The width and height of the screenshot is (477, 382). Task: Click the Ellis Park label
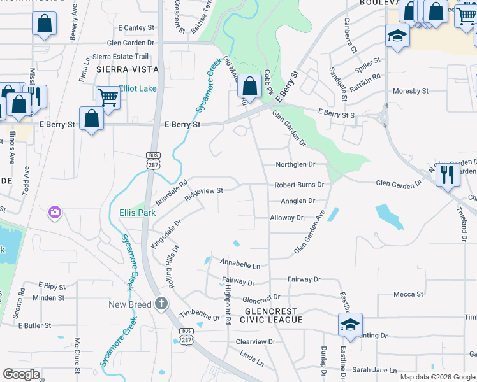(137, 213)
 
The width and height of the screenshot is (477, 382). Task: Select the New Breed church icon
(161, 304)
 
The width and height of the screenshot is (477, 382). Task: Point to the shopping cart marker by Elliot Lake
(108, 98)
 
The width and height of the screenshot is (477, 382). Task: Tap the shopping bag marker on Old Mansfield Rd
(251, 86)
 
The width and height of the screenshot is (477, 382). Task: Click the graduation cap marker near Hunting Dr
(350, 325)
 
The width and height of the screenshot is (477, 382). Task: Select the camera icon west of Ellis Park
(55, 212)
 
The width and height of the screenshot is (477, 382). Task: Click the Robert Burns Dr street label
(299, 185)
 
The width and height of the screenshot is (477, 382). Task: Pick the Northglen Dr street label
(295, 164)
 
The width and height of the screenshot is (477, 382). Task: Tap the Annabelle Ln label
(240, 264)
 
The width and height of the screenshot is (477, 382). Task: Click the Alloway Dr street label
(286, 218)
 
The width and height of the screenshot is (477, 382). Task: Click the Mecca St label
(408, 294)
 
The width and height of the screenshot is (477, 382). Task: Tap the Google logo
(21, 374)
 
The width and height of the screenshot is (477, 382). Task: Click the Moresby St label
(411, 91)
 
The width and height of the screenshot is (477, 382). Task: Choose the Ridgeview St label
(203, 193)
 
